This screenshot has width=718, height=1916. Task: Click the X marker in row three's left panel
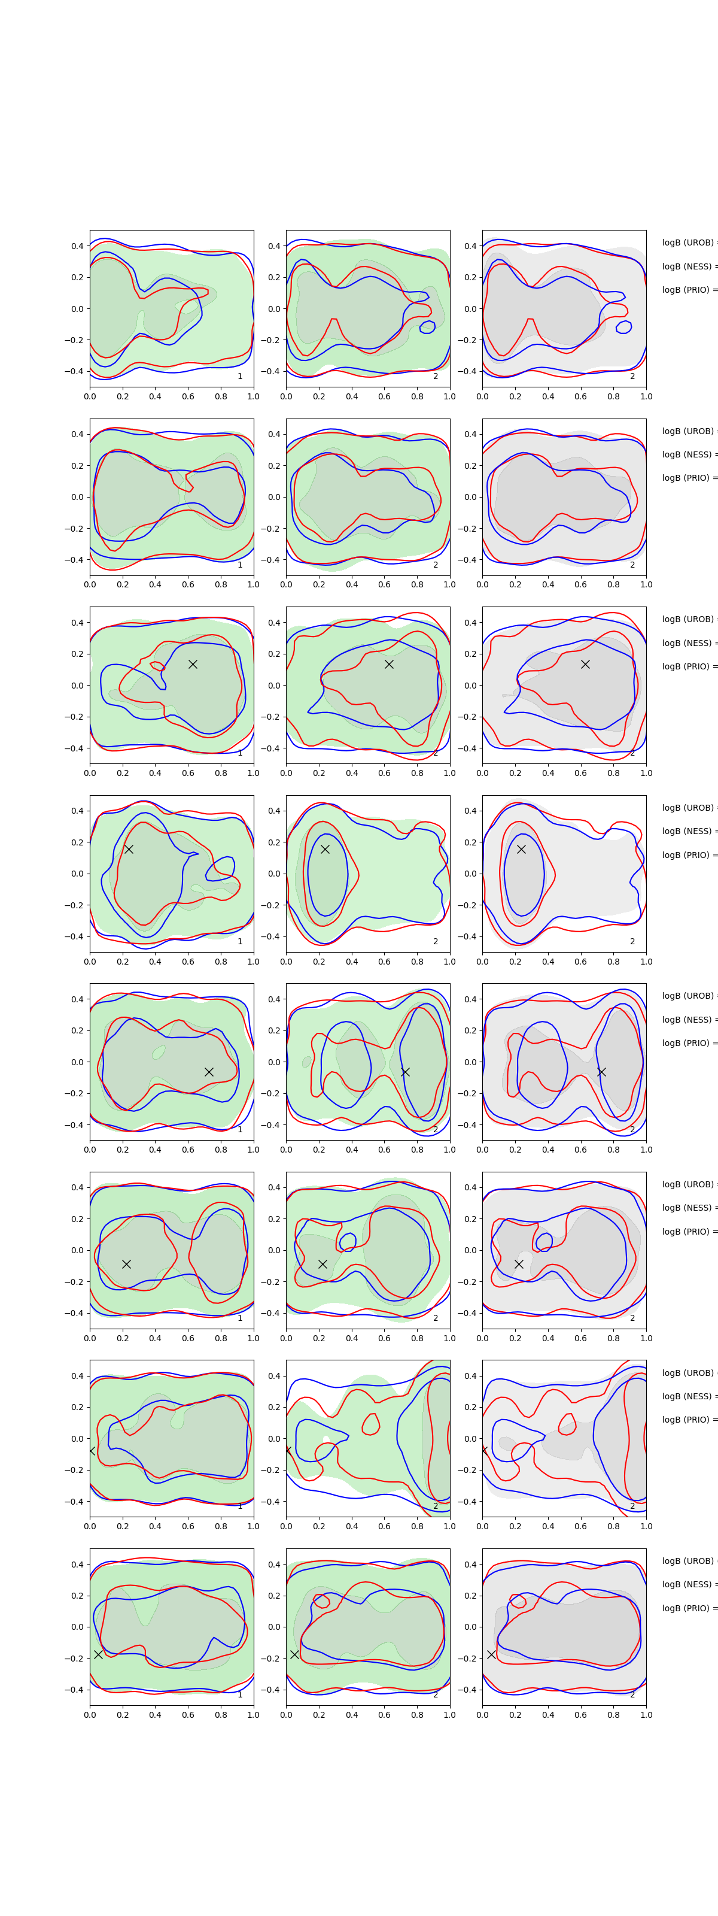tap(193, 664)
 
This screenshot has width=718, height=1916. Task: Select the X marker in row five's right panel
tap(601, 1072)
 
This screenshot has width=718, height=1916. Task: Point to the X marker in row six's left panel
tap(126, 1264)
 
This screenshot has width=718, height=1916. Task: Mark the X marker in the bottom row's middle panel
tap(294, 1654)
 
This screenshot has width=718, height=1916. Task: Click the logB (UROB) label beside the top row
tap(688, 242)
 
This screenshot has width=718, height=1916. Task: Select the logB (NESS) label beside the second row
tap(688, 454)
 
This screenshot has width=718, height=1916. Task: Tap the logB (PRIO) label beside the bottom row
tap(688, 1608)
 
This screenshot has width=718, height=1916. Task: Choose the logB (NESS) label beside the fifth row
tap(688, 1020)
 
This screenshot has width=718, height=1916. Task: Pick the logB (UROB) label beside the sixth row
tap(688, 1184)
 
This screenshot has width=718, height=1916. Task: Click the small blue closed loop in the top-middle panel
tap(427, 326)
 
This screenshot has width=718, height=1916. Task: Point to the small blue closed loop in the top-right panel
tap(623, 326)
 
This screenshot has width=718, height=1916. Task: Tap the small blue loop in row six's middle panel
tap(347, 1241)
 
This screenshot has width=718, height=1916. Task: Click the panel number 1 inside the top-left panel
tap(240, 377)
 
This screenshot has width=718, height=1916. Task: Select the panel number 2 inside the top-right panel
tap(632, 377)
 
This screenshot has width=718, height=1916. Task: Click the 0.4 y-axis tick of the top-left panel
tap(77, 246)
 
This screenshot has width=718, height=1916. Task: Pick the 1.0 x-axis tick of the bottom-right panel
tap(646, 1714)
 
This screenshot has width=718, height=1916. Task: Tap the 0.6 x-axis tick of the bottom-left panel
tap(188, 1714)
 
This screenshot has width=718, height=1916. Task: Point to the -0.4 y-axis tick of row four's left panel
tap(75, 936)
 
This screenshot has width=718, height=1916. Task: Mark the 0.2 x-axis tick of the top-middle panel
tap(319, 396)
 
